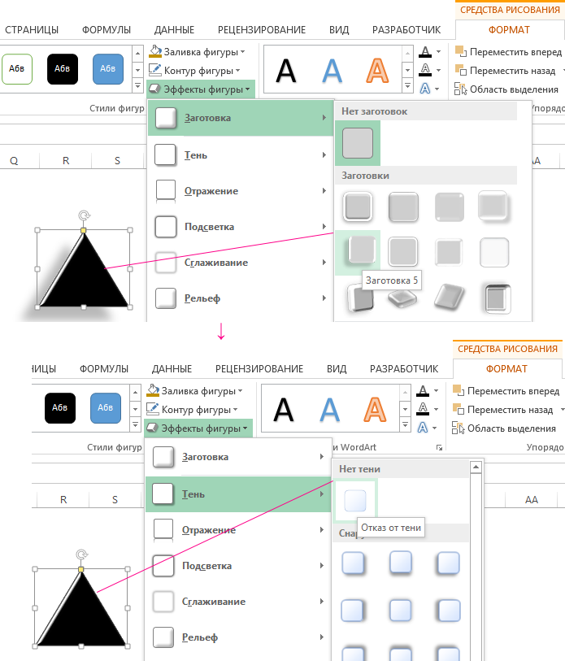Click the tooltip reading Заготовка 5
(392, 280)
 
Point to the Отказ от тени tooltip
(391, 528)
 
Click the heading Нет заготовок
(375, 111)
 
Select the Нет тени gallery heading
(359, 469)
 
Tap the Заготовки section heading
(365, 176)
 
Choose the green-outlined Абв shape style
(17, 69)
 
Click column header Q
(14, 161)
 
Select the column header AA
(532, 499)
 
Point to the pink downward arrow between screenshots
(221, 332)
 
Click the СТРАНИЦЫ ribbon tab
(32, 30)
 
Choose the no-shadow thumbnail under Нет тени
(355, 500)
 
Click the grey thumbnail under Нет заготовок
(358, 143)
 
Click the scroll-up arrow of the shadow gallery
(476, 467)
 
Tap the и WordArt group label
(354, 447)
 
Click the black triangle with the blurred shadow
(84, 270)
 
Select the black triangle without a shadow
(81, 609)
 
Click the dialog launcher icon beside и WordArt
(439, 448)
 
